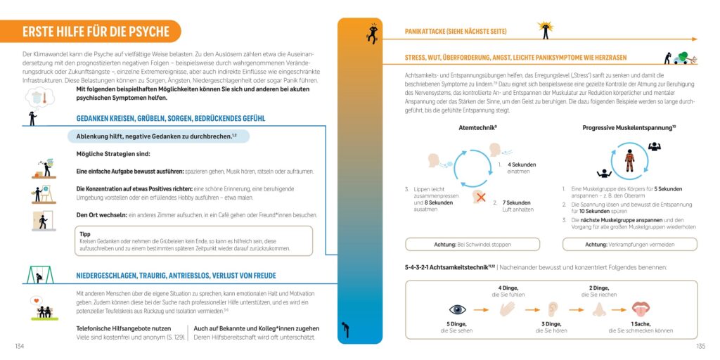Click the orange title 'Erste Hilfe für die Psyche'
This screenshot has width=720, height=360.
coord(96,32)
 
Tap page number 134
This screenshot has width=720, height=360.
coord(19,346)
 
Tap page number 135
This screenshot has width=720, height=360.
coord(700,346)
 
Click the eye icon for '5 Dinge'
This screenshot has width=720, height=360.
coord(458,309)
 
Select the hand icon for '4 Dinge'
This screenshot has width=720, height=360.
coord(507,309)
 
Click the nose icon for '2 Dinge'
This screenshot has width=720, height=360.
coord(598,309)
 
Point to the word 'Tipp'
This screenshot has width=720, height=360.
coord(85,233)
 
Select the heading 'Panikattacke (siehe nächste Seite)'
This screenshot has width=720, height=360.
coord(455,32)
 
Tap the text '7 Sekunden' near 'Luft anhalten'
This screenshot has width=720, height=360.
coord(516,202)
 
